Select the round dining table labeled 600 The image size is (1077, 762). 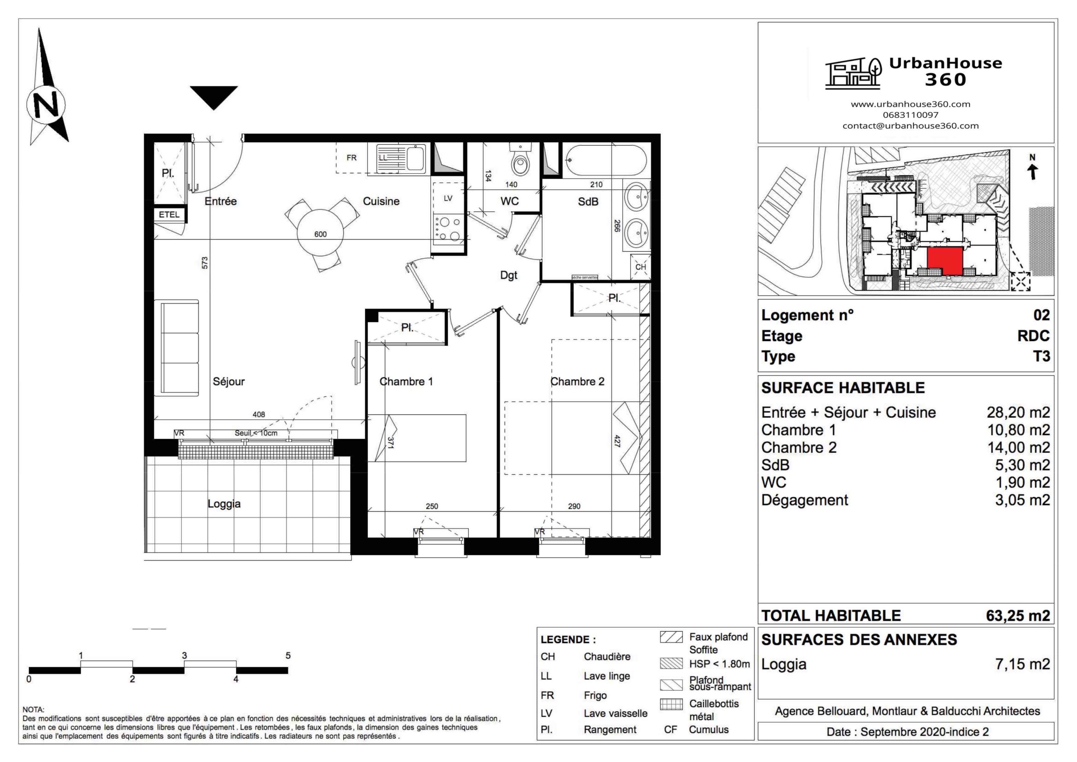321,233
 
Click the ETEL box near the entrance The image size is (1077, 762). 169,215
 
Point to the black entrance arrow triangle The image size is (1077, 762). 214,95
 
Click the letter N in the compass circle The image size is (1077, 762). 46,104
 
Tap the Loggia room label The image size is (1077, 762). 224,504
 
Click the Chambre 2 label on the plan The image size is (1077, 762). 577,381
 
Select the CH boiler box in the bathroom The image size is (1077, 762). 640,267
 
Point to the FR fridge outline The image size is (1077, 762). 352,158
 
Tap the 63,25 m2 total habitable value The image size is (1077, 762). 1018,615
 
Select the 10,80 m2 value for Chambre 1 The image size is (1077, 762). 1018,430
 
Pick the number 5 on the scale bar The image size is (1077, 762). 288,655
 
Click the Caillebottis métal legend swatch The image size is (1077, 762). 671,704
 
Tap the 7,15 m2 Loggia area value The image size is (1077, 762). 1022,664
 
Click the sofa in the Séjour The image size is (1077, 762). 180,348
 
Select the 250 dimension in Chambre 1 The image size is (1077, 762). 432,506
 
